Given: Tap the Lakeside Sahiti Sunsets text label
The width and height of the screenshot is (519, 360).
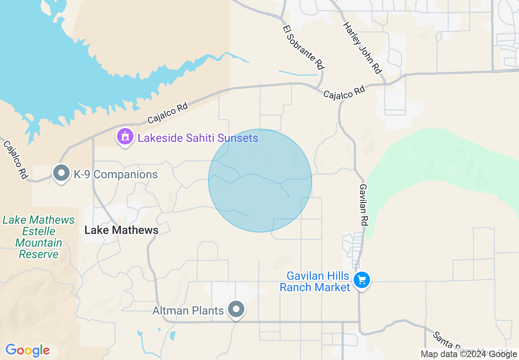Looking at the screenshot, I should click(x=198, y=138).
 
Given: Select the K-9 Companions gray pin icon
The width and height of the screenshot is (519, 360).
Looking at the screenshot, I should click(x=61, y=173).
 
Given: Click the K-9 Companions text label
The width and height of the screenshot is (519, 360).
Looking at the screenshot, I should click(x=116, y=175).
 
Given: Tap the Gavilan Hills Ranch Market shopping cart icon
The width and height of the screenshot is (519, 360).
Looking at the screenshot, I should click(x=362, y=281).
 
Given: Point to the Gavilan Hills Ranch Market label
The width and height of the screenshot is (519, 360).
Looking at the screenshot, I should click(x=315, y=281).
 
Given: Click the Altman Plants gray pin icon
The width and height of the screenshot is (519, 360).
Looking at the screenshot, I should click(x=236, y=309).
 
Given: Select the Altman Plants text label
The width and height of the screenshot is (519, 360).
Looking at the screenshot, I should click(x=188, y=311).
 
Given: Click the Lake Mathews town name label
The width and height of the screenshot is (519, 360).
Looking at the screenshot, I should click(x=121, y=230).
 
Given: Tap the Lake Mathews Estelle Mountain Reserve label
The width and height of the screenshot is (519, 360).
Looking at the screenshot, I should click(x=39, y=237).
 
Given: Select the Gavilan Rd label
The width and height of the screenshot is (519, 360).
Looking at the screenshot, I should click(x=363, y=205).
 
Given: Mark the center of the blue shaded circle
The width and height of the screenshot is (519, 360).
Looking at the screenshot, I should click(x=260, y=180).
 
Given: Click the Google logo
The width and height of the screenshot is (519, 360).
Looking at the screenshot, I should click(x=27, y=350).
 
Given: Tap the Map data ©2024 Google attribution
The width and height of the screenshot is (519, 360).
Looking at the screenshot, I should click(x=469, y=354).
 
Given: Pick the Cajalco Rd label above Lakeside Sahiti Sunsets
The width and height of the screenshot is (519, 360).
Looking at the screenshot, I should click(x=167, y=113).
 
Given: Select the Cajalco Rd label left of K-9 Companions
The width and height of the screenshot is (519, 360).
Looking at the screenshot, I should click(x=16, y=159).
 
